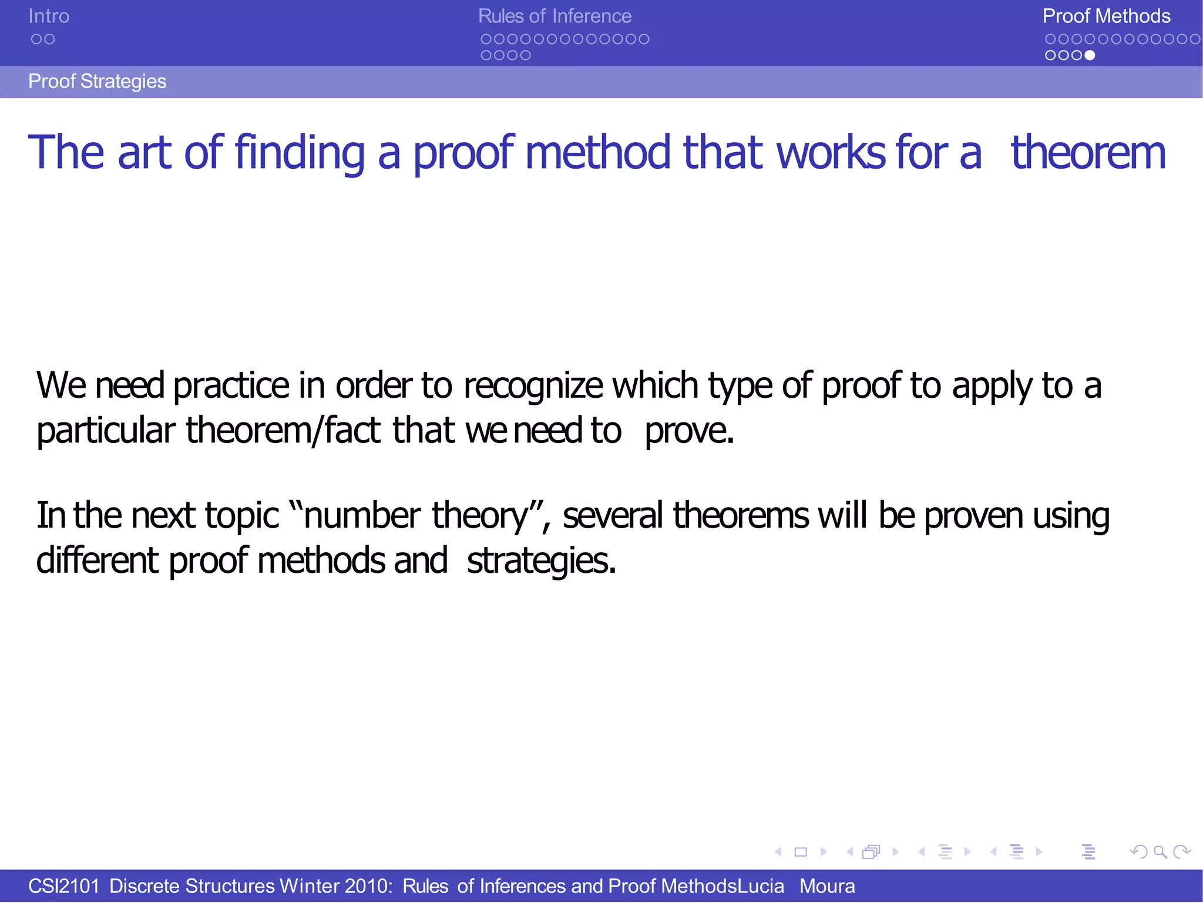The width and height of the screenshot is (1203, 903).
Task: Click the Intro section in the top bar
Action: [49, 16]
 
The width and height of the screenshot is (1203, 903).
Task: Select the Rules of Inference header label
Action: [555, 16]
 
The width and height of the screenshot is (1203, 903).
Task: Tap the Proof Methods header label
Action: [1106, 16]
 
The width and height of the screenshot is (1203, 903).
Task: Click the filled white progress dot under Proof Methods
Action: [1090, 55]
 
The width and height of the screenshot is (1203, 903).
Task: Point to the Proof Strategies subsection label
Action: [97, 81]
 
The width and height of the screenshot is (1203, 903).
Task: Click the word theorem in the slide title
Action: [1088, 153]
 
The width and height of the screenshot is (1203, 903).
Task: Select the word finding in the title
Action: [300, 153]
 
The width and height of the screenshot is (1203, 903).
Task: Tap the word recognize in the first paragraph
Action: [533, 387]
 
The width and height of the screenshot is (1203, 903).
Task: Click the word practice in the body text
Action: [231, 387]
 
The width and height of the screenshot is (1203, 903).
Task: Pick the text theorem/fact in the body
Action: [283, 431]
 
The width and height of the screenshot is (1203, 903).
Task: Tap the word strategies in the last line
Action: [540, 561]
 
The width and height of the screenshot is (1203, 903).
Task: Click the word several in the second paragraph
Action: [613, 516]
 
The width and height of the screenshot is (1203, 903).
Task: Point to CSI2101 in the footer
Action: [63, 886]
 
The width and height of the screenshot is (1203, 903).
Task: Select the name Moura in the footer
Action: [827, 886]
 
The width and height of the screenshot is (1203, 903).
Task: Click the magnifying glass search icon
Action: [1160, 852]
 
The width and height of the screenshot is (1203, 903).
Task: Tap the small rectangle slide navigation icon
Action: [801, 852]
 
